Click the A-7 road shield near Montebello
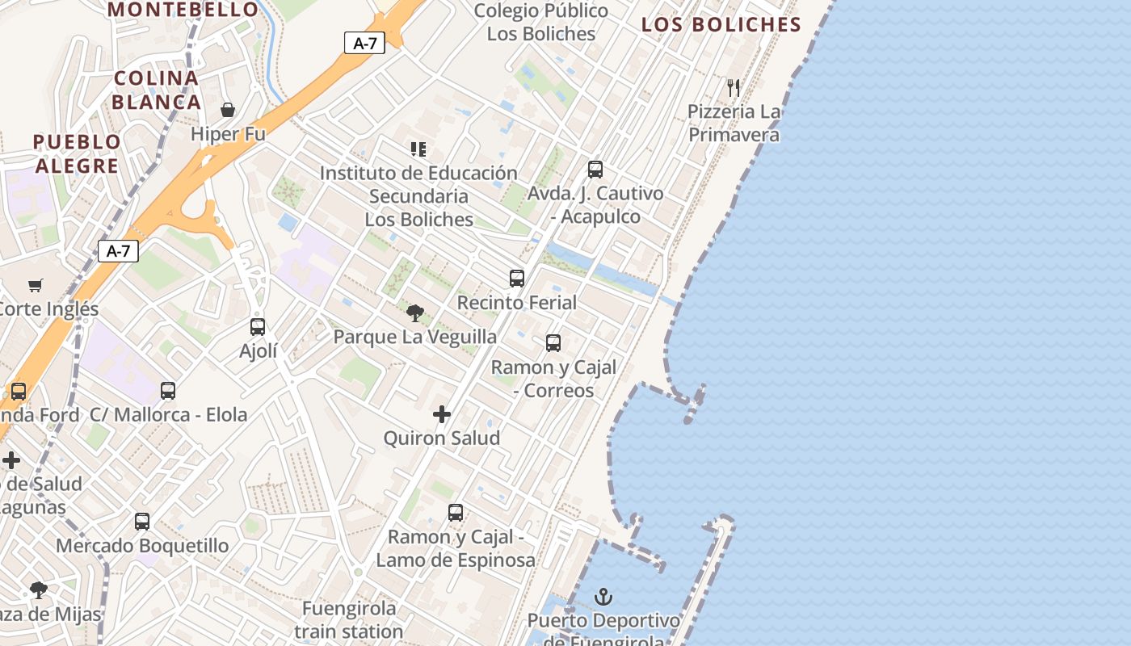point(364,43)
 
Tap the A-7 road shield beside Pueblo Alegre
point(118,251)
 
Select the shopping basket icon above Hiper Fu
point(228,110)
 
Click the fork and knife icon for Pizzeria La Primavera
point(734,87)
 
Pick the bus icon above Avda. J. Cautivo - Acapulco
point(595,170)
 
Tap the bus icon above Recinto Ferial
point(517,279)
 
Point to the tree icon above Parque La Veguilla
point(415,313)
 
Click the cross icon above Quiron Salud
point(442,414)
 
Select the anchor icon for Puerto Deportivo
point(603,597)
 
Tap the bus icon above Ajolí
point(258,327)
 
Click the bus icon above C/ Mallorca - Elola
point(168,391)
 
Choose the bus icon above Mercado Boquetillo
point(142,522)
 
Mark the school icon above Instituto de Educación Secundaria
point(418,149)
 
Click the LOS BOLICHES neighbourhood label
point(721,24)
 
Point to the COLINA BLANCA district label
point(156,90)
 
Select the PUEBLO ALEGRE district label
point(77,153)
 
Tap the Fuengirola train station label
point(349,619)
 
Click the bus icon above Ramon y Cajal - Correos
point(553,343)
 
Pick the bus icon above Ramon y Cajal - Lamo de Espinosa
point(456,513)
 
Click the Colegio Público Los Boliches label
point(541,22)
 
